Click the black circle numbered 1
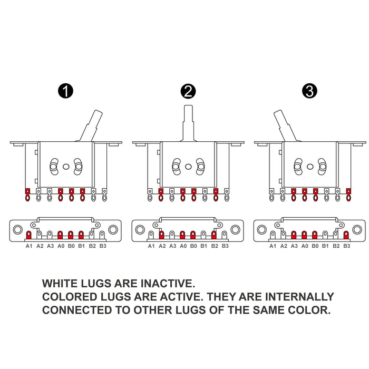click(66, 91)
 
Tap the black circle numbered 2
click(188, 91)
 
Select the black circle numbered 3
click(309, 91)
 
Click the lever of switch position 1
click(91, 125)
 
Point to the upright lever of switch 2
click(188, 123)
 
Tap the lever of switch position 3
click(285, 125)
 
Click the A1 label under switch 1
click(28, 246)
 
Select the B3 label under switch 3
click(347, 246)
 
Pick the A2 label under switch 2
click(162, 246)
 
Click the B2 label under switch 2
click(215, 246)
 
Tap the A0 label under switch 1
click(61, 246)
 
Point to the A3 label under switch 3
click(294, 246)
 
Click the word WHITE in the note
click(60, 284)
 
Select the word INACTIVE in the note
click(168, 284)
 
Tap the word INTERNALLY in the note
click(299, 297)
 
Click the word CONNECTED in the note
click(77, 310)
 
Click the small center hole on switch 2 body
click(188, 167)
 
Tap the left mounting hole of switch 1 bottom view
click(17, 229)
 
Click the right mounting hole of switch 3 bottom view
click(357, 229)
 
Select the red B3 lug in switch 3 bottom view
click(346, 235)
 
